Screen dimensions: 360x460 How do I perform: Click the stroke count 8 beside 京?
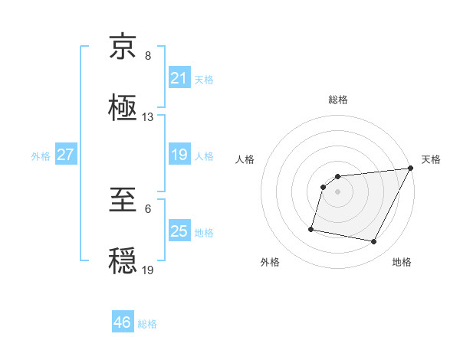point(148,57)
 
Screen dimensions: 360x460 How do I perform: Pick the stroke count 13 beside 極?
point(148,117)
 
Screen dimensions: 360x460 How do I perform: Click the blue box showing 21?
point(179,78)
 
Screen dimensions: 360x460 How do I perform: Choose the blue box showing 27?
point(65,155)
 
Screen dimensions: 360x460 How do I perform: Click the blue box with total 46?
point(123,322)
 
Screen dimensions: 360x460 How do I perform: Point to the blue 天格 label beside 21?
point(204,79)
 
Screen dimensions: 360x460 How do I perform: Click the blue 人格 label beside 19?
point(204,155)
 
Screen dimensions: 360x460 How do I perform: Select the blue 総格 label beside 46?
point(147,324)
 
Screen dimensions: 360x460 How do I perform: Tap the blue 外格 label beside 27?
point(41,155)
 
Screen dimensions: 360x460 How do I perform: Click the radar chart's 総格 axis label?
point(338,100)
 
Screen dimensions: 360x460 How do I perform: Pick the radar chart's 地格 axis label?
point(402,262)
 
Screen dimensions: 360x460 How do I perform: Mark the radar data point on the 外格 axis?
point(311,228)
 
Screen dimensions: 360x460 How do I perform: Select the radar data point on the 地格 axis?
point(373,242)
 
